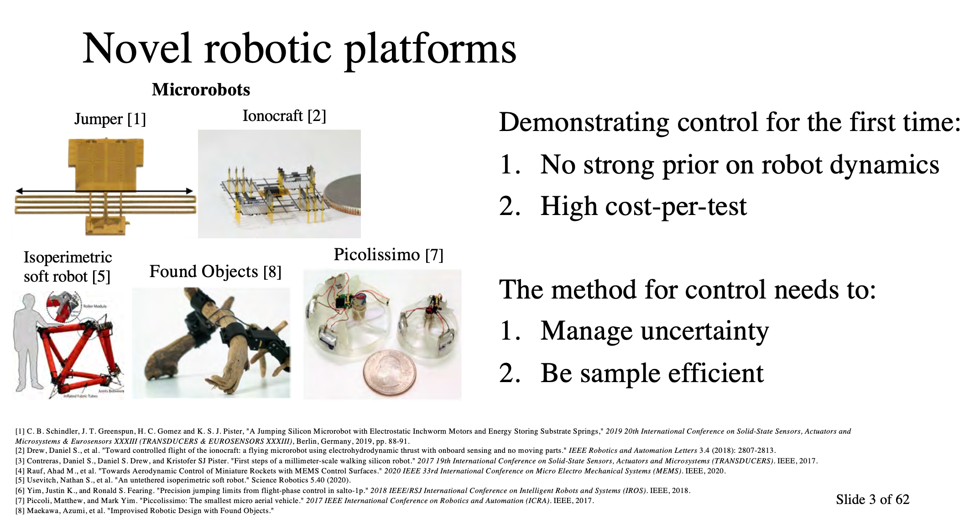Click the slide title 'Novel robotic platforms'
[x=299, y=49]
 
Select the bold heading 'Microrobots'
[x=201, y=89]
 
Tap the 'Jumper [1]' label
[x=110, y=119]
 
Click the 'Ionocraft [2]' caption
[x=284, y=116]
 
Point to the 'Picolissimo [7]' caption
[x=388, y=255]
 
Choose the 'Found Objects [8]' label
[x=215, y=272]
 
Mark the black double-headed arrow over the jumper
[x=104, y=191]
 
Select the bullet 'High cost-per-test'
[x=643, y=206]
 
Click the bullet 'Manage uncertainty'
[x=654, y=331]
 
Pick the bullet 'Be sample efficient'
[x=652, y=373]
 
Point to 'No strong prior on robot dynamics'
[x=739, y=165]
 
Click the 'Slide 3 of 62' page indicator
[x=872, y=499]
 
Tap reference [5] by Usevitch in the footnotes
[x=182, y=480]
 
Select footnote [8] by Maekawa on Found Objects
[x=144, y=510]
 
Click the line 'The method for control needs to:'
[x=687, y=289]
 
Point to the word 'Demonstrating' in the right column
[x=584, y=122]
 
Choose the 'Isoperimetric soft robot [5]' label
[x=68, y=267]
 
